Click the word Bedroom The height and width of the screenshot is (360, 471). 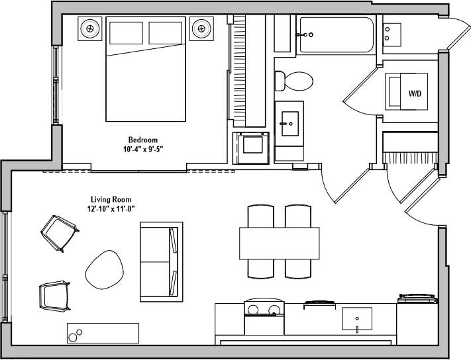click(x=143, y=140)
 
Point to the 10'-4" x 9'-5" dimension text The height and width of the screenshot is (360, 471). click(x=143, y=149)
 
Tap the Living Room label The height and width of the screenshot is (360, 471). click(x=111, y=199)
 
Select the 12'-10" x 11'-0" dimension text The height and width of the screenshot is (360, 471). click(x=111, y=208)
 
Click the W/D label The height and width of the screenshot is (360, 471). click(x=415, y=93)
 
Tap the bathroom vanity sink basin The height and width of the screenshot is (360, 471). click(x=289, y=121)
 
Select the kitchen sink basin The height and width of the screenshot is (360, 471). click(x=356, y=319)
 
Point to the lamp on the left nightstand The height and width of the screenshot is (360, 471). click(x=90, y=28)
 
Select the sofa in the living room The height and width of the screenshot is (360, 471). click(x=160, y=261)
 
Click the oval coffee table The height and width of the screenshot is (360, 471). click(x=105, y=268)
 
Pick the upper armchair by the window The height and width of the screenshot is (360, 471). click(x=59, y=233)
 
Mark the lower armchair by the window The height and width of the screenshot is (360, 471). click(x=54, y=295)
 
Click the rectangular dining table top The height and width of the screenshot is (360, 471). click(x=279, y=244)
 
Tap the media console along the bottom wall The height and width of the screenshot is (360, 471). click(x=103, y=333)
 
